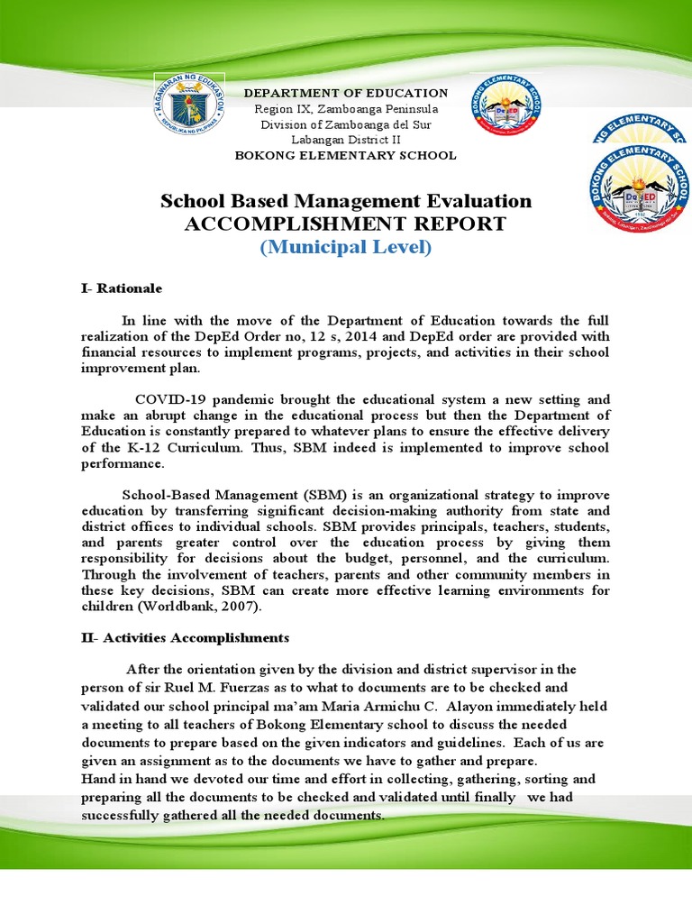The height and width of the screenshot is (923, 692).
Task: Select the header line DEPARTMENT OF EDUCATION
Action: (x=347, y=93)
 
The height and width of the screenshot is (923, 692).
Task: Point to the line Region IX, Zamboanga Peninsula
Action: (x=346, y=109)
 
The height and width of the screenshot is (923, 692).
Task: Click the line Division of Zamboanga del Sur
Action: (x=346, y=124)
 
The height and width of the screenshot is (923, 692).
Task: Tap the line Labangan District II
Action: (x=346, y=140)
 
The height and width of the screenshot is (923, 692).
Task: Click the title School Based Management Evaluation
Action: (x=346, y=200)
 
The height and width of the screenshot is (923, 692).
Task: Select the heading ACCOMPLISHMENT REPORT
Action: (x=346, y=224)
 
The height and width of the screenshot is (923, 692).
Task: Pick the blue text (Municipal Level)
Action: (x=346, y=247)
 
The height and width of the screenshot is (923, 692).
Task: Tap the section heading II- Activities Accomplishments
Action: (x=185, y=637)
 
